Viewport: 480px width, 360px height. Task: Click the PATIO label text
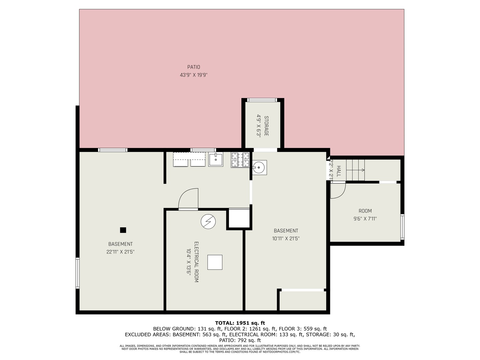click(194, 67)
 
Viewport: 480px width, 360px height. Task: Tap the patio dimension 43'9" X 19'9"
click(194, 75)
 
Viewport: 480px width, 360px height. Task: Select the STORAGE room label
click(266, 126)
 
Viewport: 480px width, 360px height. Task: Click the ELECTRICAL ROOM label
click(196, 262)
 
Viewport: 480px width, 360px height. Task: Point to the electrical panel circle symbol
click(208, 222)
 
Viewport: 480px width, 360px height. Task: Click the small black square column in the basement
click(123, 230)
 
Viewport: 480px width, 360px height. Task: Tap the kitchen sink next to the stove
click(216, 160)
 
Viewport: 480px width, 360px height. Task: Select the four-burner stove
click(240, 159)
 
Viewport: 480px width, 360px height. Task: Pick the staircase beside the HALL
click(356, 170)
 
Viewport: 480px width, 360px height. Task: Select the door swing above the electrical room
click(188, 199)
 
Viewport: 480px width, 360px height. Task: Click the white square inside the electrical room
click(215, 262)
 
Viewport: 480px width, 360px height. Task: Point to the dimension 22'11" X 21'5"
click(120, 252)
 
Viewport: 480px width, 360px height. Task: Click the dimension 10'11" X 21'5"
click(286, 239)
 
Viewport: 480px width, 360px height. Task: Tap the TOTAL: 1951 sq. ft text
click(240, 323)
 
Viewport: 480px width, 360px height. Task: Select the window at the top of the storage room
click(262, 100)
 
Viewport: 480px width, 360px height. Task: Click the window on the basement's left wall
click(77, 273)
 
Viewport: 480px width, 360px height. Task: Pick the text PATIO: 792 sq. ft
click(240, 340)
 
